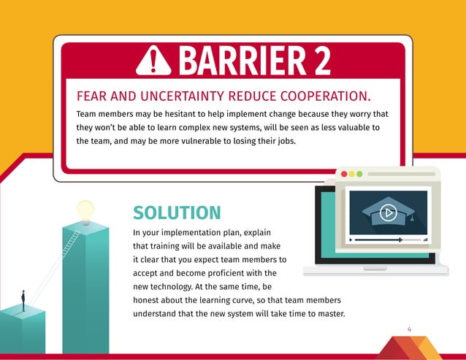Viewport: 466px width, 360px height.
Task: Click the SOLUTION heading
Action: [177, 212]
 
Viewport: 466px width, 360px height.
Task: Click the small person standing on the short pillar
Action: [23, 300]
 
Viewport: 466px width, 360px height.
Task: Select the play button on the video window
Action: [388, 212]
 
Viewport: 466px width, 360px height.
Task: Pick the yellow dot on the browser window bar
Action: [352, 175]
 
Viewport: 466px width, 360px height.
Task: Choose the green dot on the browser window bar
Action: [359, 175]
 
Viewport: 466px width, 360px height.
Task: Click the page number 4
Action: [409, 329]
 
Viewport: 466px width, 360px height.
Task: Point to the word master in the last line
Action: [328, 314]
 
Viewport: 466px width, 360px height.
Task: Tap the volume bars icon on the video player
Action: [425, 240]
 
